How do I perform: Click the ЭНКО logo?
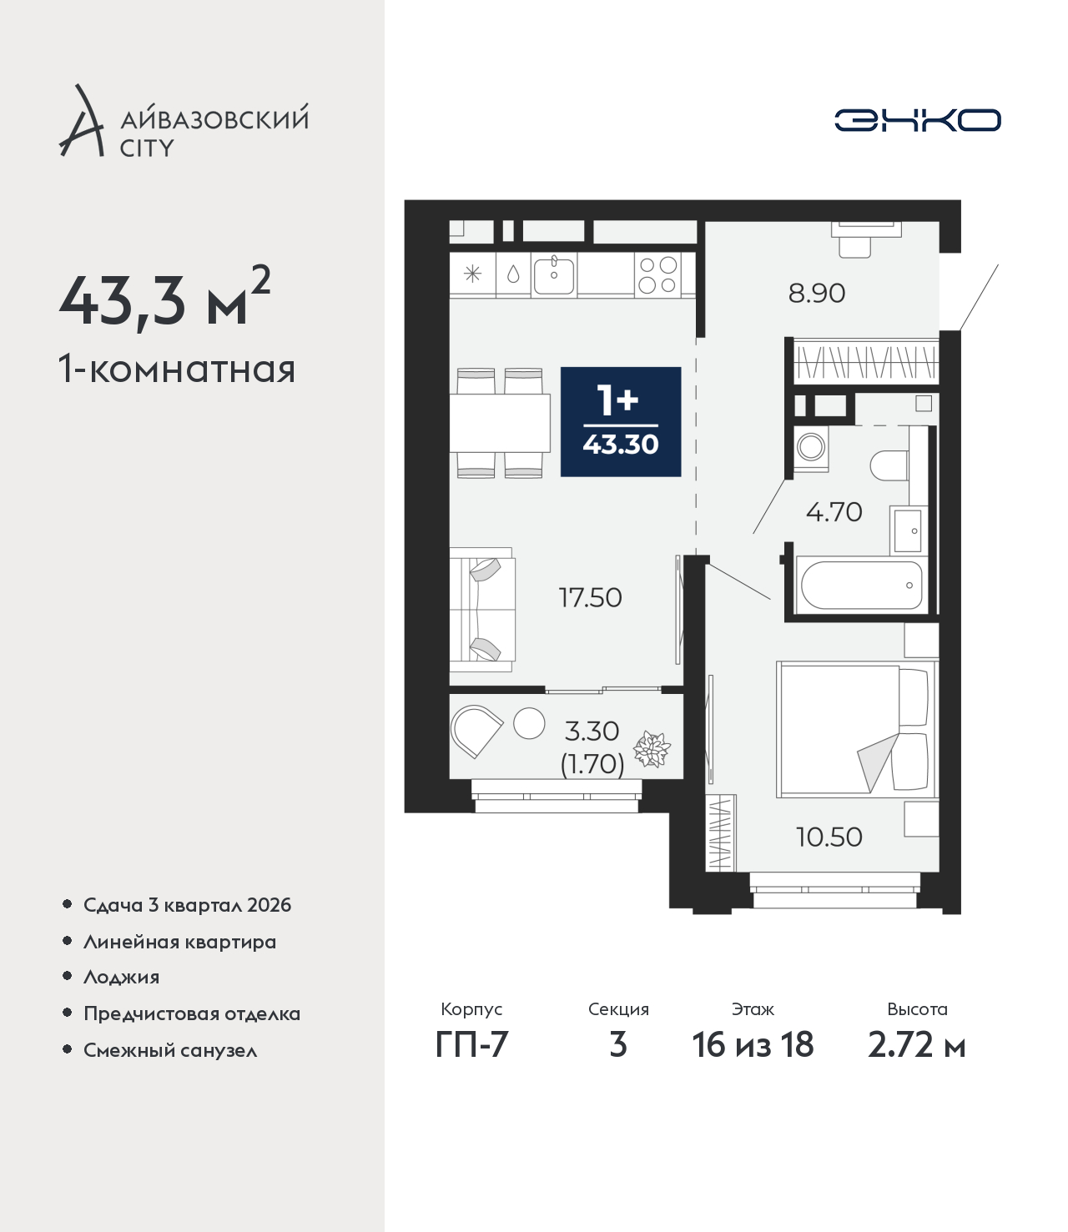pos(917,120)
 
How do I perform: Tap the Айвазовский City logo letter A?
pos(82,121)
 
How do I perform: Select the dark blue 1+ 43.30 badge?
pos(621,421)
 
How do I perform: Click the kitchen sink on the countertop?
pos(554,276)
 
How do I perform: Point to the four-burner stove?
pos(657,274)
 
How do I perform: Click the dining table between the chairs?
pos(500,423)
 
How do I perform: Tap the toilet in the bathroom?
pos(889,465)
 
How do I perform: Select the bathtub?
pos(861,585)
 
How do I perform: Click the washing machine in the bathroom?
pos(811,447)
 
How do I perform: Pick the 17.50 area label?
pos(591,597)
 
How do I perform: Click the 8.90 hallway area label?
pos(816,294)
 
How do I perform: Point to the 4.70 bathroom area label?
pos(834,512)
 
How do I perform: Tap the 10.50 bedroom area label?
pos(829,837)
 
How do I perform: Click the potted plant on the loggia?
pos(651,748)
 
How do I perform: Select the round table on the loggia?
pos(529,723)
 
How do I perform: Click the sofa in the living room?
pos(481,609)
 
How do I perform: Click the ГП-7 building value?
pos(471,1044)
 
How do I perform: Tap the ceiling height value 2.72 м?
pos(916,1044)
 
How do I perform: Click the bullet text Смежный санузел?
pos(170,1050)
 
